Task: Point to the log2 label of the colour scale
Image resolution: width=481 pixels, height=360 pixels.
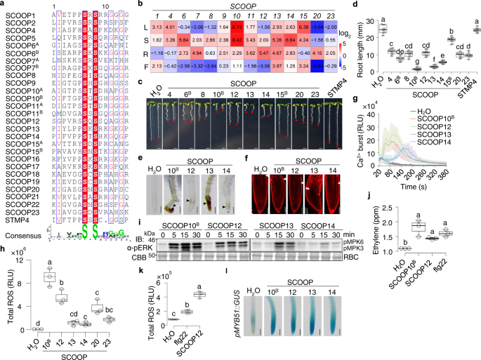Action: click(338, 32)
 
